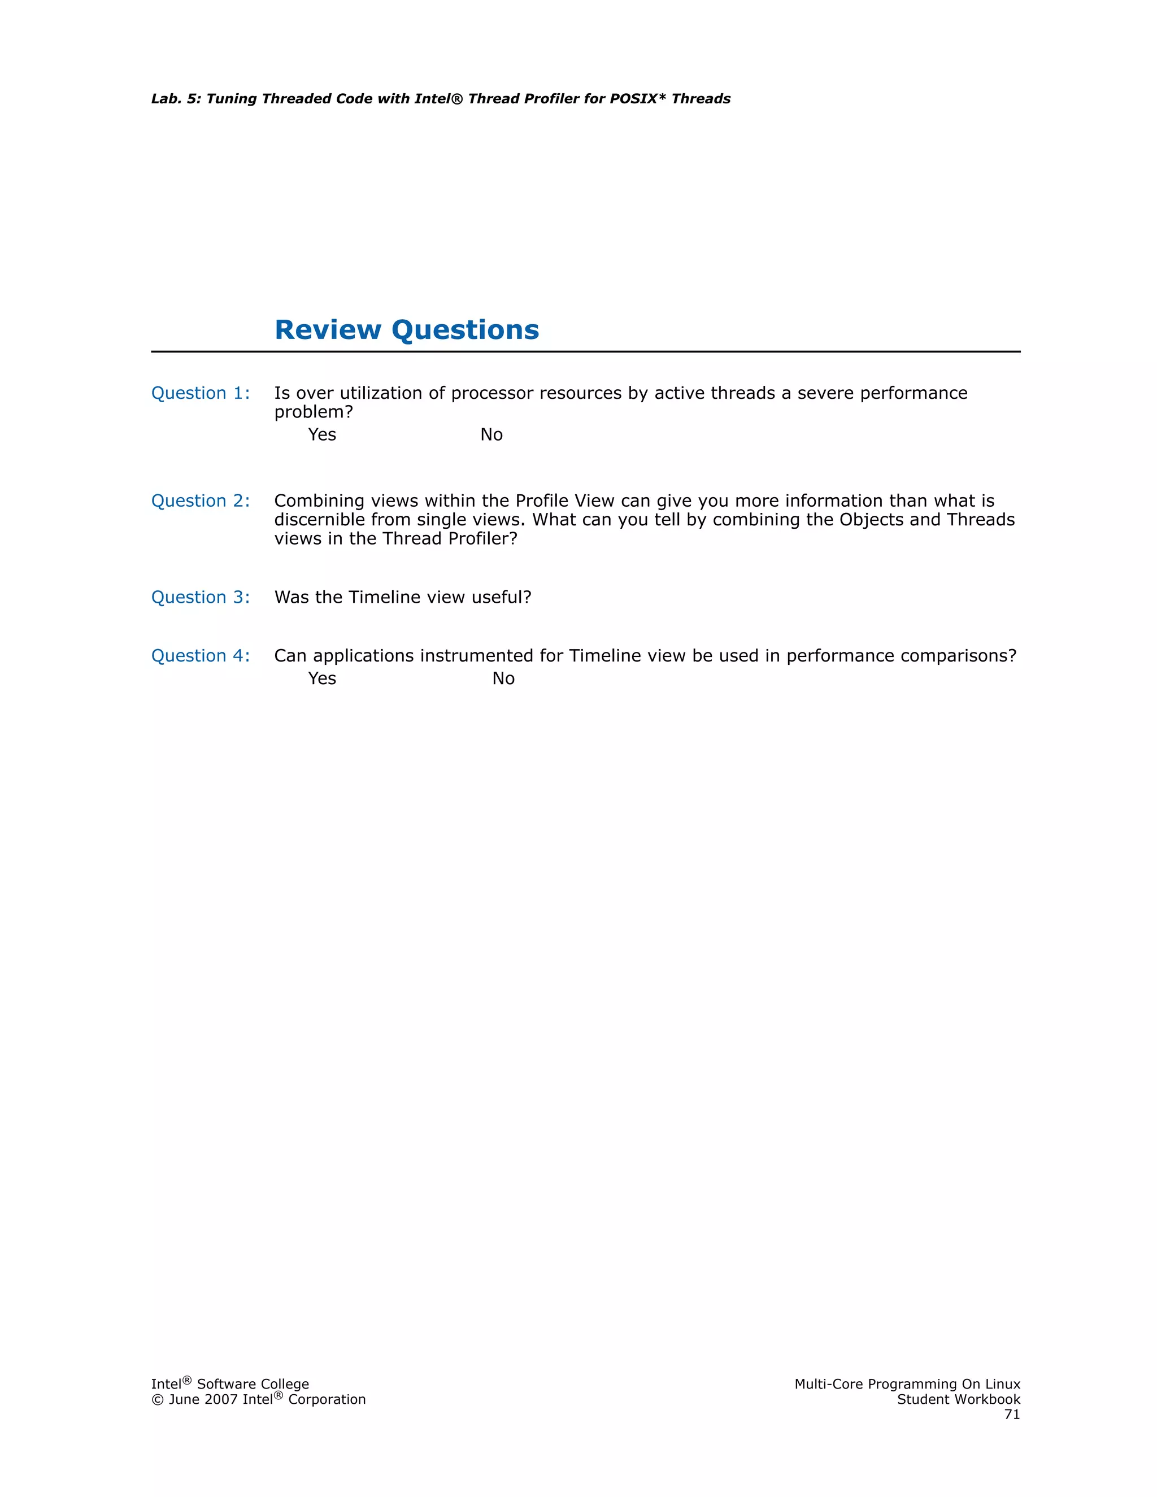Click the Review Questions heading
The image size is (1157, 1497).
coord(406,330)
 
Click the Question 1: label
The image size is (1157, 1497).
coord(200,393)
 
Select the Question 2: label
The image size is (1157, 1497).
coord(200,501)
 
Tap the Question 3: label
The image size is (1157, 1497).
coord(200,597)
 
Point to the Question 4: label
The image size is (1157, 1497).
coord(200,656)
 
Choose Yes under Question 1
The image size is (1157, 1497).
coord(322,434)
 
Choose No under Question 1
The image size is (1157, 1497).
coord(491,434)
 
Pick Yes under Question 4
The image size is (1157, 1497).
coord(322,678)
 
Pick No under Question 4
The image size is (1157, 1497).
coord(503,678)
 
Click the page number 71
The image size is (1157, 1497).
coord(1012,1415)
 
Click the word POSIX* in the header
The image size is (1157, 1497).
coord(637,99)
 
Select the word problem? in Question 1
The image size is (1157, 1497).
coord(313,412)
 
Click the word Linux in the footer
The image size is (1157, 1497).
coord(1002,1384)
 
